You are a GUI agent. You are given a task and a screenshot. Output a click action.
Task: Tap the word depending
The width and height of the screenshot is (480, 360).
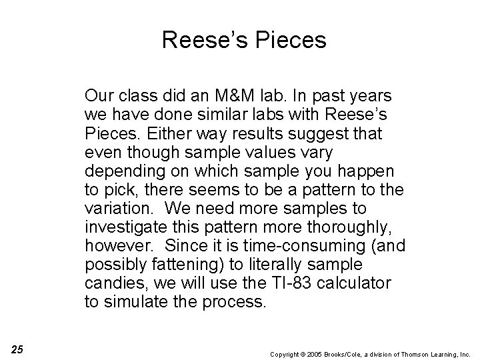124,171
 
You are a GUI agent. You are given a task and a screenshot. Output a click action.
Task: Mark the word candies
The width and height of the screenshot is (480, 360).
111,283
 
